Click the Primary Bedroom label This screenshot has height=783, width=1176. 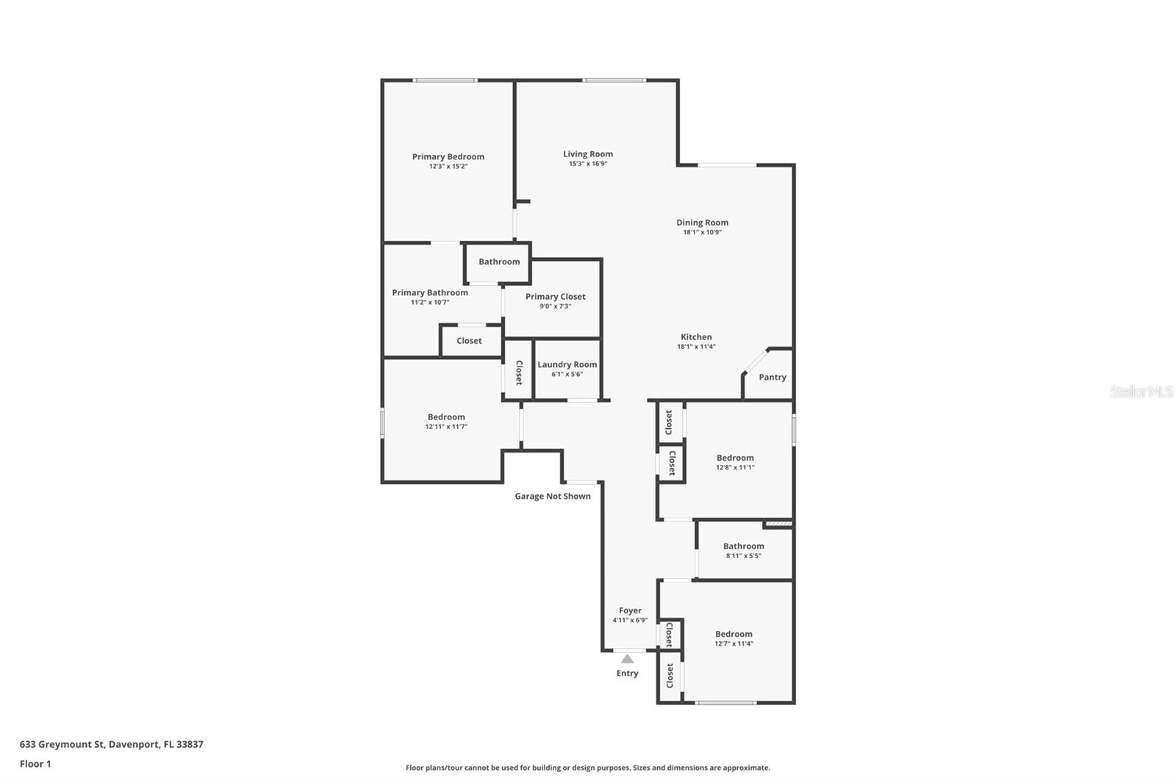(x=448, y=156)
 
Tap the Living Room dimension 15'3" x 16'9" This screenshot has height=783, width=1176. (x=588, y=164)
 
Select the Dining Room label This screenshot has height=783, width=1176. (x=702, y=223)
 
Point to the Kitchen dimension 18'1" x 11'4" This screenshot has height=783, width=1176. (x=696, y=347)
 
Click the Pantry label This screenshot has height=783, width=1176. (x=772, y=377)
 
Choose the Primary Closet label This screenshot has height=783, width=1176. (x=556, y=297)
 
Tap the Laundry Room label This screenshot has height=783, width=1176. (x=567, y=364)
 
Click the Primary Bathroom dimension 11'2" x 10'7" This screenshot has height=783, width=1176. (x=430, y=303)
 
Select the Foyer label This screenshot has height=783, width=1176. (x=630, y=610)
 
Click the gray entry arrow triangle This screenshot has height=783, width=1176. (x=628, y=659)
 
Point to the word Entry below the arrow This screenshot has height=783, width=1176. (x=628, y=674)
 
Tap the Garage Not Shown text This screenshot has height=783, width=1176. (x=553, y=496)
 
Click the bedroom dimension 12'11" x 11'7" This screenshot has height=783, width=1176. (x=446, y=427)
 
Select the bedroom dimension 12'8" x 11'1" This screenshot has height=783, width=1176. (x=735, y=467)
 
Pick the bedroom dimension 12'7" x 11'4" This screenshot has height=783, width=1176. (x=734, y=643)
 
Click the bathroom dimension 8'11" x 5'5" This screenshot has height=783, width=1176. (x=743, y=555)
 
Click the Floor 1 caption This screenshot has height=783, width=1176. (x=35, y=764)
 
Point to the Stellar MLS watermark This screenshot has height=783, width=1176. (x=1141, y=391)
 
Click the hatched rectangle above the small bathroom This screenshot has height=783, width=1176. (x=778, y=523)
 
